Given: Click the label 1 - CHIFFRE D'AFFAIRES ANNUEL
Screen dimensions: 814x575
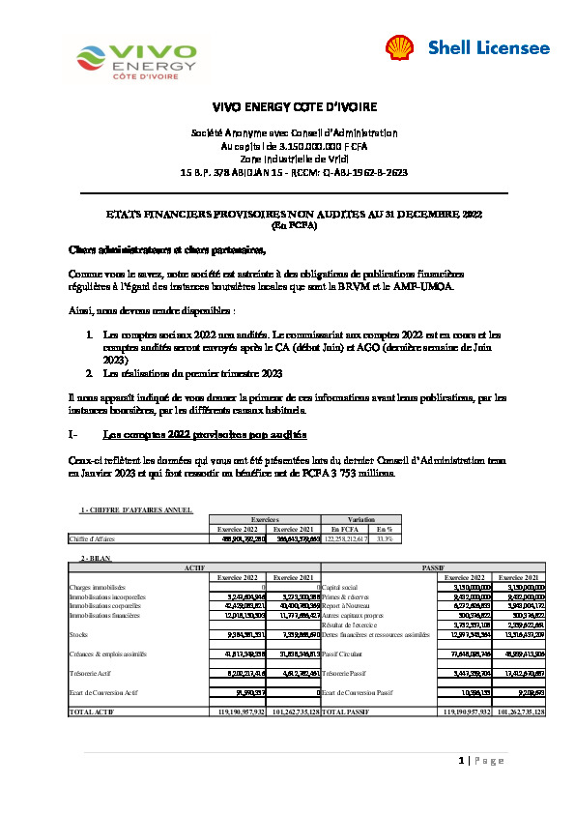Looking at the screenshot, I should [136, 509].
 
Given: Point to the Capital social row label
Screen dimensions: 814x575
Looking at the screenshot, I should [339, 587].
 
